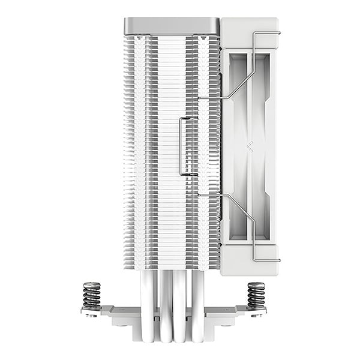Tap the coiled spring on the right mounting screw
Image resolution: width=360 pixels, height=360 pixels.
pos(256,295)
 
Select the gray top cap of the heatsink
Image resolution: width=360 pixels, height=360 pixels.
pos(171,26)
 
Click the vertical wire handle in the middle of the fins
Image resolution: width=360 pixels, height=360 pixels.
pos(182,146)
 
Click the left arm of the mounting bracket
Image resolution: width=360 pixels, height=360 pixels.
pos(114,311)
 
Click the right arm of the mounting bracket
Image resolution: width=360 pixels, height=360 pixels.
pos(234,311)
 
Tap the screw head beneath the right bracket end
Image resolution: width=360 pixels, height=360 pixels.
pos(259,314)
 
